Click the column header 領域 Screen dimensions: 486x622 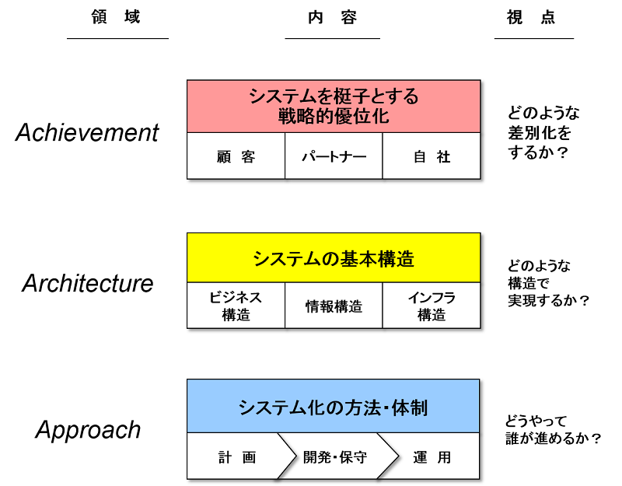point(117,17)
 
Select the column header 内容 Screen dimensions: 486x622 point(333,17)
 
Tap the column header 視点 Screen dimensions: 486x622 point(534,17)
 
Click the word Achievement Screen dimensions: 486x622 point(87,133)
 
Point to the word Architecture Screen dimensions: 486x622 point(88,283)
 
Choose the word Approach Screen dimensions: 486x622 point(88,430)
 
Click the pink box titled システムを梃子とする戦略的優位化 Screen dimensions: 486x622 point(334,107)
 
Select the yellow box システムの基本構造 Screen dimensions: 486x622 point(334,258)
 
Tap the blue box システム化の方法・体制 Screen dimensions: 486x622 point(334,406)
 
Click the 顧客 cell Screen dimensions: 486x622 point(236,156)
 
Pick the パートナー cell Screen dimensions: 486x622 point(334,156)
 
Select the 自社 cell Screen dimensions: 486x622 point(432,156)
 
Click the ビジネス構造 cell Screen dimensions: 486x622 point(236,306)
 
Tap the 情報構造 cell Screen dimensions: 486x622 point(334,306)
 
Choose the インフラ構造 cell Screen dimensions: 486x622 point(432,306)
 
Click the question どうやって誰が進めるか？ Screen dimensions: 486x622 point(553,430)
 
